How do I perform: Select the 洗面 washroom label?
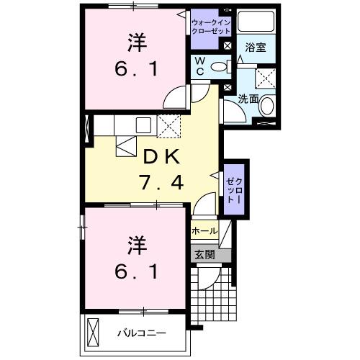pyautogui.click(x=246, y=99)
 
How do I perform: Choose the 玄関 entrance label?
pyautogui.click(x=204, y=253)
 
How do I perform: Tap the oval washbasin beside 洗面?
pyautogui.click(x=267, y=107)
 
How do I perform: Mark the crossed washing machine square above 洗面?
pyautogui.click(x=266, y=77)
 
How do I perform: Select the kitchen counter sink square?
pyautogui.click(x=141, y=123)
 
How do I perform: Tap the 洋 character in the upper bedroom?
pyautogui.click(x=137, y=43)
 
